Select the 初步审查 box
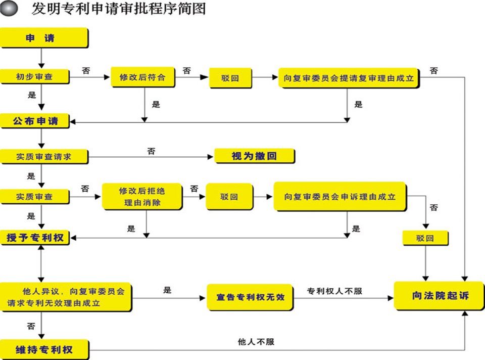pyautogui.click(x=34, y=77)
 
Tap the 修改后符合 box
pyautogui.click(x=142, y=78)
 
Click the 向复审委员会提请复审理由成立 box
pyautogui.click(x=348, y=78)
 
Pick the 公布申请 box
pyautogui.click(x=36, y=121)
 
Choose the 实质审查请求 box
pyautogui.click(x=43, y=157)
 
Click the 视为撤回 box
pyautogui.click(x=254, y=156)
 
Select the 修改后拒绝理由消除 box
pyautogui.click(x=142, y=197)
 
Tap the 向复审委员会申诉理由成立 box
pyautogui.click(x=339, y=196)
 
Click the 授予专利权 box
pyautogui.click(x=36, y=238)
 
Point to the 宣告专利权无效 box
pyautogui.click(x=250, y=297)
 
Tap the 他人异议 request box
pyautogui.click(x=66, y=297)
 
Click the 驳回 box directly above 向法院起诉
pyautogui.click(x=425, y=238)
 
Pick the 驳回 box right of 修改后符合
pyautogui.click(x=230, y=78)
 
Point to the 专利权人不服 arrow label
pyautogui.click(x=334, y=291)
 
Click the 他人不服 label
pyautogui.click(x=256, y=342)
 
